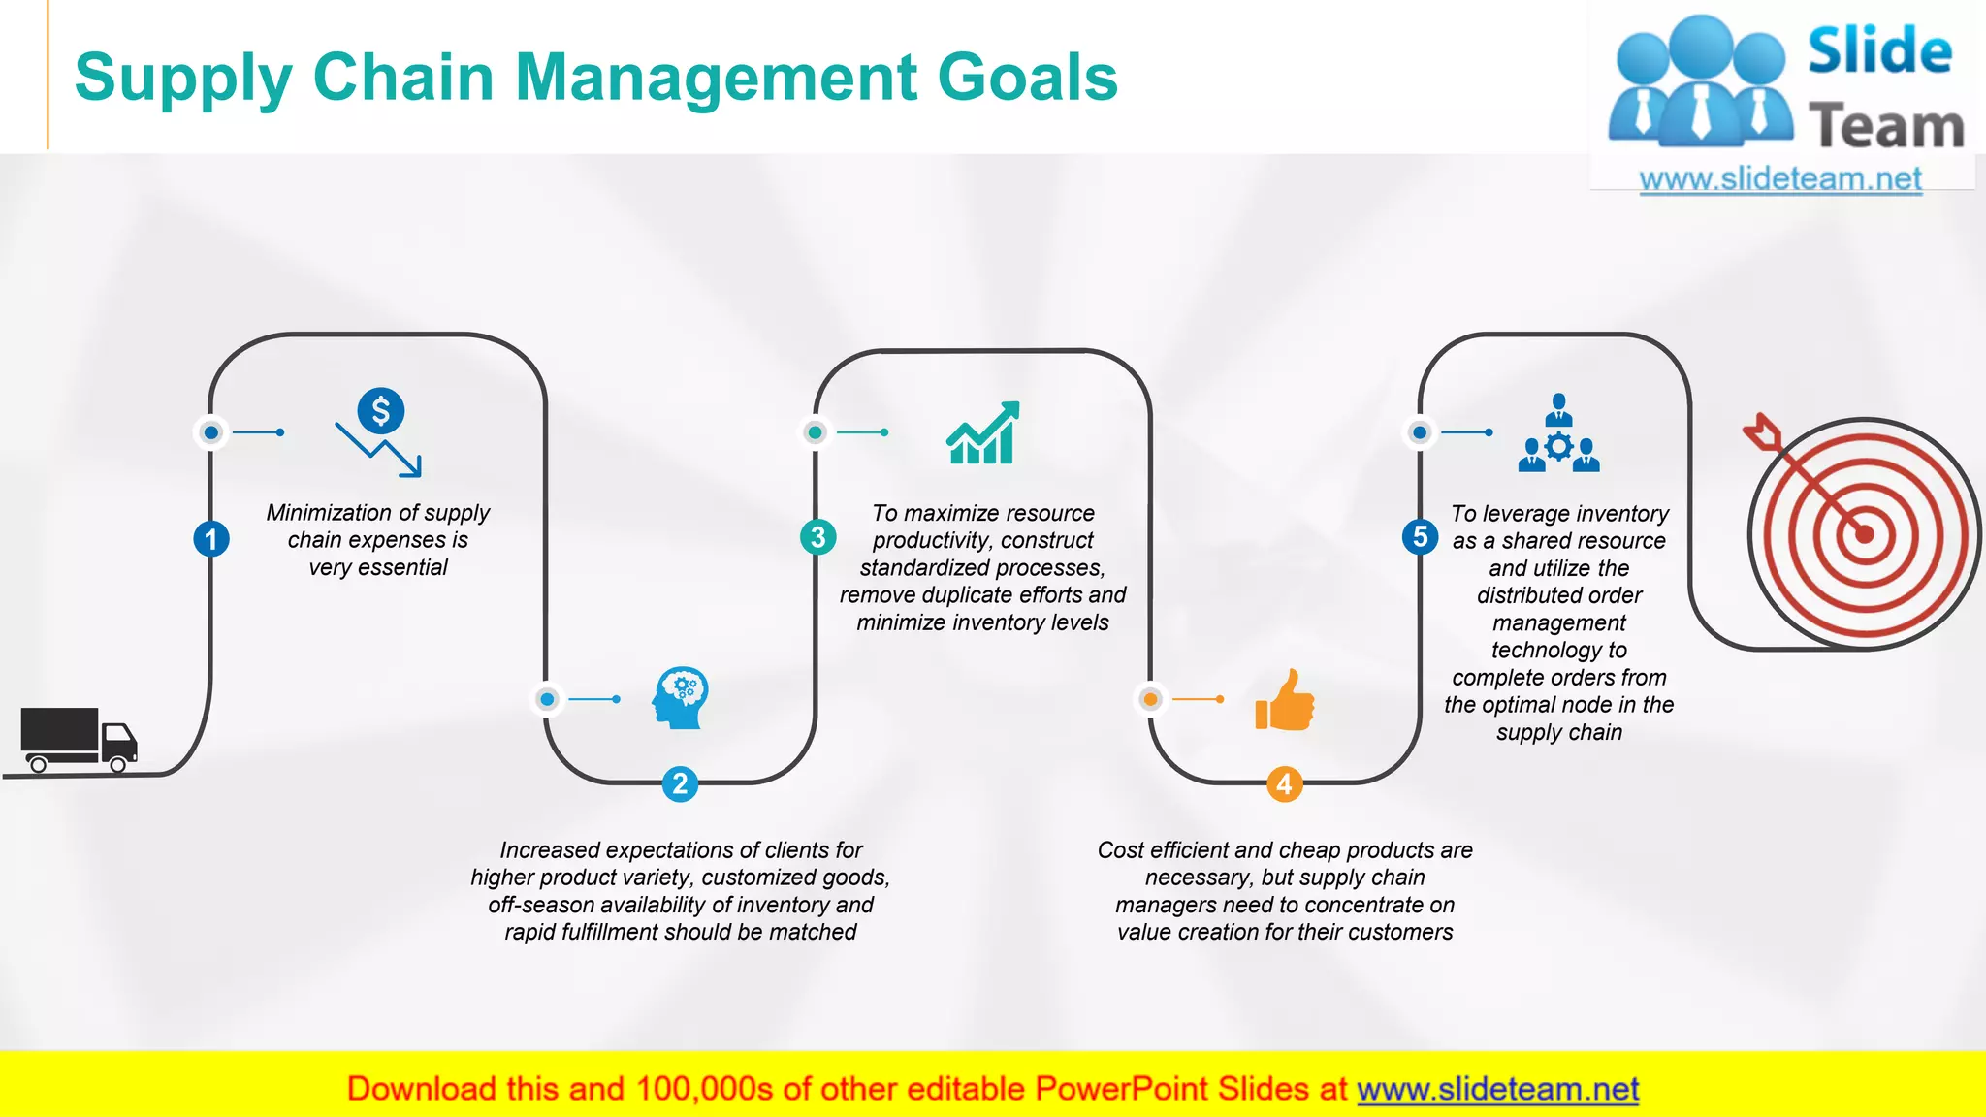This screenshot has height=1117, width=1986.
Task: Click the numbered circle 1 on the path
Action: [x=211, y=539]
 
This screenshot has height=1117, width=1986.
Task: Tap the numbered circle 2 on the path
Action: [x=680, y=783]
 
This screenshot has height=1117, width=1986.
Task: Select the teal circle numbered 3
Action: [x=817, y=536]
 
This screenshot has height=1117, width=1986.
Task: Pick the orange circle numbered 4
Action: [x=1284, y=783]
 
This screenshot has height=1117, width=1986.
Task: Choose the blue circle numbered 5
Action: [x=1420, y=536]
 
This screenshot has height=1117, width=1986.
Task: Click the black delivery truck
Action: [x=78, y=739]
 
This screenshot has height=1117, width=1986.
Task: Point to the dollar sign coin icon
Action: [x=381, y=411]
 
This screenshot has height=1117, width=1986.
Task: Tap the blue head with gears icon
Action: [x=681, y=698]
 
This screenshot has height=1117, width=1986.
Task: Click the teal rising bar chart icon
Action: [x=983, y=433]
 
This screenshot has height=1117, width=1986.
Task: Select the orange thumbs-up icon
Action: [x=1285, y=700]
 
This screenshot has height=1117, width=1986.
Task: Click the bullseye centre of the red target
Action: [x=1864, y=533]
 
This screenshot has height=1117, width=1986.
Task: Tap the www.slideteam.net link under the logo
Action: [x=1780, y=178]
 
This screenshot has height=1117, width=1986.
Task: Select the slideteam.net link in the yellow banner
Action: [x=1497, y=1089]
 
